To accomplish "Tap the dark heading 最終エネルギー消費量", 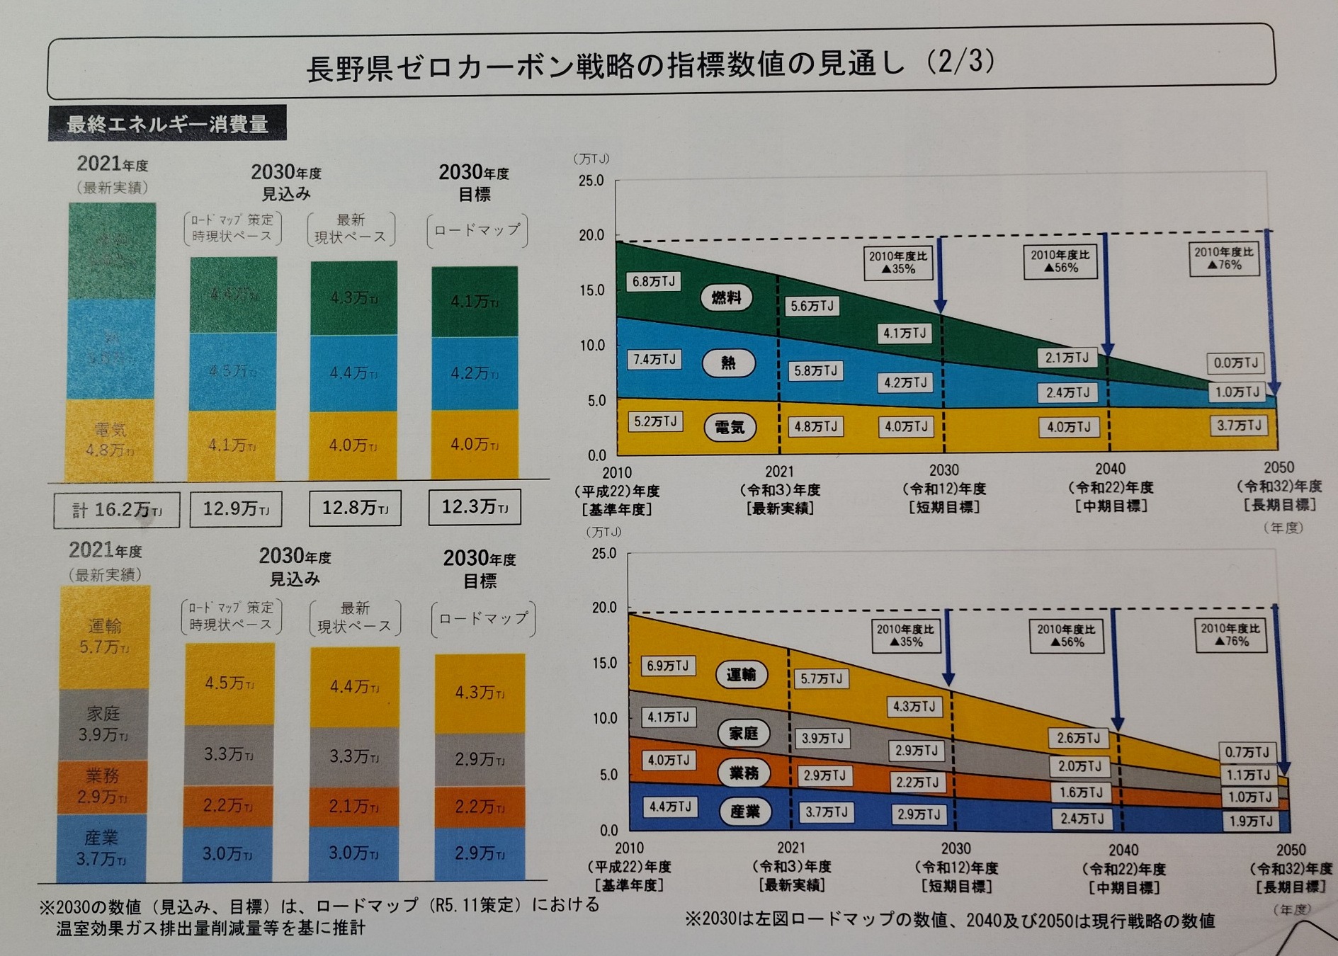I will click(167, 124).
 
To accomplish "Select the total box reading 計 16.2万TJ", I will click(117, 510).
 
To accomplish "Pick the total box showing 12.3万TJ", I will click(475, 507).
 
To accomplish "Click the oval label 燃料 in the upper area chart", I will click(726, 297).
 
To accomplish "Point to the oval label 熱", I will click(728, 363).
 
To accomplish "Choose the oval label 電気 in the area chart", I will click(730, 427).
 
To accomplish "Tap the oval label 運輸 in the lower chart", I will click(741, 674).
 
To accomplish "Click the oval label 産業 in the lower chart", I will click(744, 812).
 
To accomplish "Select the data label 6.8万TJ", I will click(653, 282).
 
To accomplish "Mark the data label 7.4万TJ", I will click(654, 360).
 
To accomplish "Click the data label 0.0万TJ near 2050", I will click(1235, 363).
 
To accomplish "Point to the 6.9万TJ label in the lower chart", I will click(667, 666).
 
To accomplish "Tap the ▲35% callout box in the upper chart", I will click(898, 262).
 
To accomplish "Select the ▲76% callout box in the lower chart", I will click(1231, 635).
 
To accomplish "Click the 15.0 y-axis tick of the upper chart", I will click(591, 290).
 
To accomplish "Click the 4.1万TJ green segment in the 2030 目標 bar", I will click(475, 302).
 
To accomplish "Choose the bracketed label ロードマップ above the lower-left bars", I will click(483, 618).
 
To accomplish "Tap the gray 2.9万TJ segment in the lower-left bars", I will click(480, 759).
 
